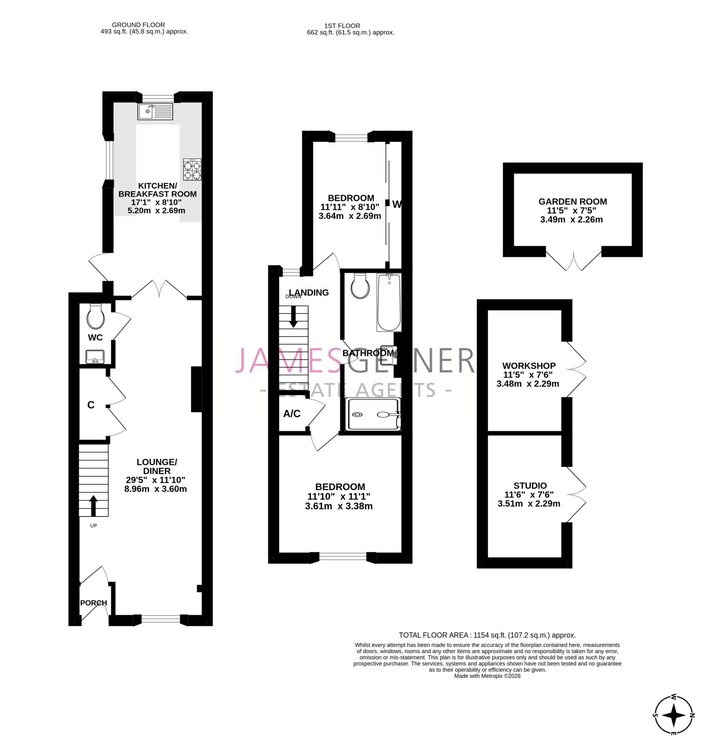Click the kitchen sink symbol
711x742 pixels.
[x=155, y=111]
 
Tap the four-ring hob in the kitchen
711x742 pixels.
[x=192, y=170]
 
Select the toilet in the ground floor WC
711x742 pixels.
[x=95, y=317]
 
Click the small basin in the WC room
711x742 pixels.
[x=95, y=357]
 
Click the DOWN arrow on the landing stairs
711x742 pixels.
[x=293, y=317]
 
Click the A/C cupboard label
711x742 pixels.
[x=291, y=414]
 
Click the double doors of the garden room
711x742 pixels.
[x=573, y=261]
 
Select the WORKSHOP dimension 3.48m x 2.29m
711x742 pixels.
[x=527, y=384]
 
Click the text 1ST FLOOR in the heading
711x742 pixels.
[x=342, y=26]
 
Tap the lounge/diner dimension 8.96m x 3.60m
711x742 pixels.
[x=155, y=489]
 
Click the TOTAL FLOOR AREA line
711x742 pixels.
[x=487, y=635]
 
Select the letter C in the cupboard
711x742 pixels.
[x=91, y=405]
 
